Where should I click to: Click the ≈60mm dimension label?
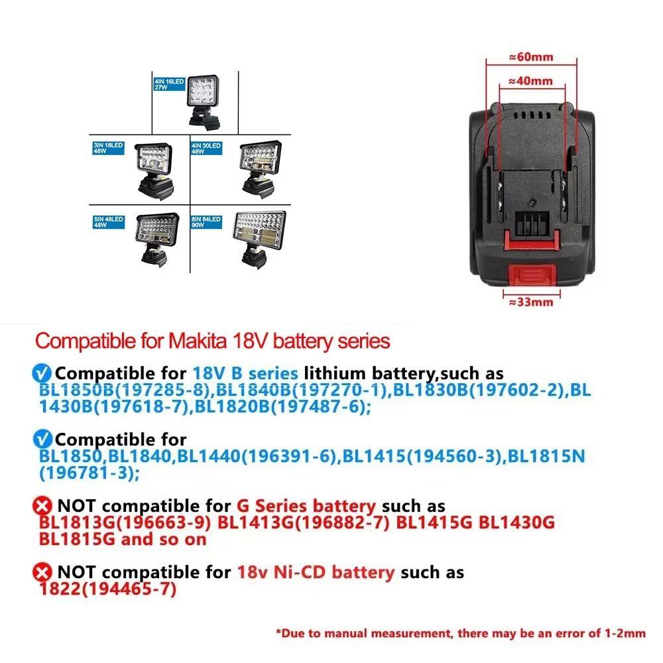(x=530, y=57)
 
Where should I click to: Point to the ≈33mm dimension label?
(x=530, y=303)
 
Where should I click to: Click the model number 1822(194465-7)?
(x=107, y=588)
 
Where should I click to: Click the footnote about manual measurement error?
(x=461, y=633)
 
